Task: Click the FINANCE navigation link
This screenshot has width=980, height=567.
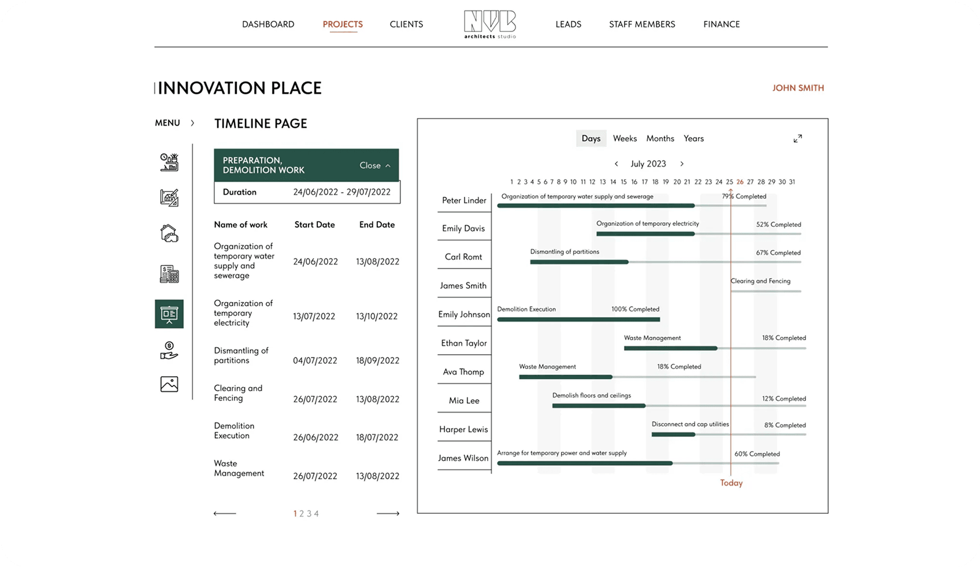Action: coord(721,24)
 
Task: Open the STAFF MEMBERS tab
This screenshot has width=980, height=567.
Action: coord(642,24)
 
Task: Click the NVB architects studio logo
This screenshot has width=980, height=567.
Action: coord(490,24)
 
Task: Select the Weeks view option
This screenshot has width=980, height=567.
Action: coord(625,138)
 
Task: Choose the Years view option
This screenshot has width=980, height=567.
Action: coord(693,138)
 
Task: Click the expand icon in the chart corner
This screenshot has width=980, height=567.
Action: coord(797,139)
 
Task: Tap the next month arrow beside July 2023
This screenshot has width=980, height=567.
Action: coord(682,164)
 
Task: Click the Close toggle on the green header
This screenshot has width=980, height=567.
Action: coord(374,165)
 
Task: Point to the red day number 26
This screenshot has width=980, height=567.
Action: coord(740,182)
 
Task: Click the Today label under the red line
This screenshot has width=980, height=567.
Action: coord(731,483)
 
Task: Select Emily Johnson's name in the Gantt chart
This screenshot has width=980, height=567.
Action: coord(464,314)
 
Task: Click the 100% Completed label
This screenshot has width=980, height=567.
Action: coord(635,309)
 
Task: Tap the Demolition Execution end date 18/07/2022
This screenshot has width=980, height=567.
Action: coord(377,437)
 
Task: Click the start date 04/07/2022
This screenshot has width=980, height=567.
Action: coord(315,360)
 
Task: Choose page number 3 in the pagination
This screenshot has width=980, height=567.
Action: coord(309,514)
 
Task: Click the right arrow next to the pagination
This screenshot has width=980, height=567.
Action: coord(388,514)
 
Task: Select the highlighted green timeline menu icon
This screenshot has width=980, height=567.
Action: coord(169,314)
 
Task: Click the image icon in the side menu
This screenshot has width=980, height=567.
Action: coord(169,384)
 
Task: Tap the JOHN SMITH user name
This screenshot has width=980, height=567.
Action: coord(798,88)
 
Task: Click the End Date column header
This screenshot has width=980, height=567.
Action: coord(377,224)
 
